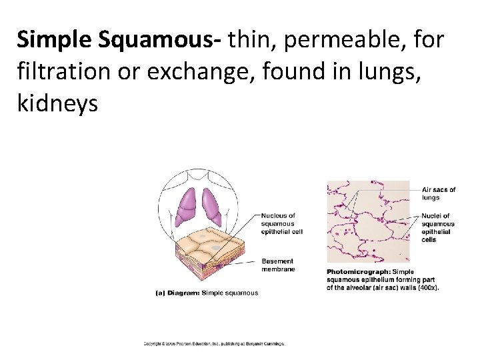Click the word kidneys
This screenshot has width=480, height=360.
click(x=58, y=103)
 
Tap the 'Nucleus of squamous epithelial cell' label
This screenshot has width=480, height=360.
click(x=282, y=223)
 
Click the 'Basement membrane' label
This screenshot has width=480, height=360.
click(x=278, y=265)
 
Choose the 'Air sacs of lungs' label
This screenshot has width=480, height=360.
click(x=439, y=193)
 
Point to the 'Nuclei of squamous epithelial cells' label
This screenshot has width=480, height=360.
click(x=438, y=227)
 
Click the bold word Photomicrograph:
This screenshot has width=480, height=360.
click(x=359, y=271)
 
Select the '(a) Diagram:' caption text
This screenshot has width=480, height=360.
click(x=177, y=293)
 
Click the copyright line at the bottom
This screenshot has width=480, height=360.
click(x=213, y=344)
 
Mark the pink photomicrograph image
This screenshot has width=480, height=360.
click(x=369, y=220)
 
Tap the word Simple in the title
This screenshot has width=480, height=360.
click(x=54, y=41)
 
